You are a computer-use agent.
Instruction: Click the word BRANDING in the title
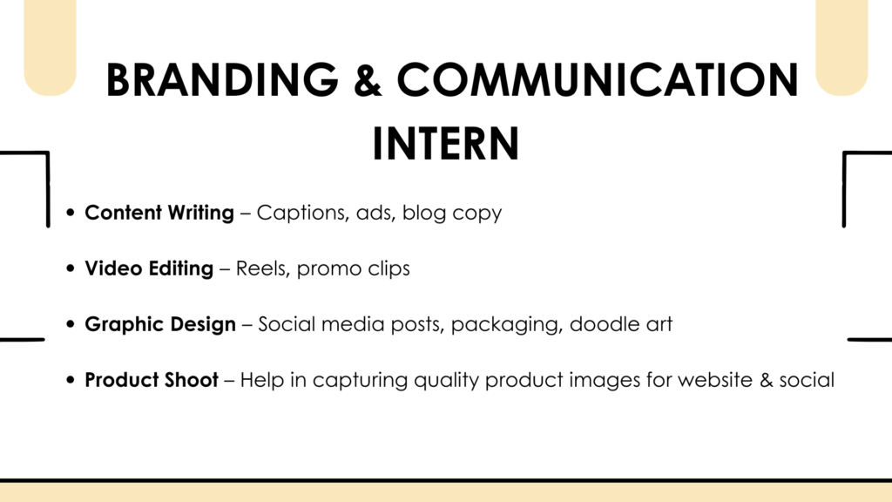point(222,79)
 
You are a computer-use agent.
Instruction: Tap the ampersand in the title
point(368,79)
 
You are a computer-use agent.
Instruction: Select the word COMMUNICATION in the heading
point(598,79)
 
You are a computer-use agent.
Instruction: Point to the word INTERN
point(445,144)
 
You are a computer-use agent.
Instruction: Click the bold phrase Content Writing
point(159,213)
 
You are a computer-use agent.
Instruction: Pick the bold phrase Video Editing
point(149,268)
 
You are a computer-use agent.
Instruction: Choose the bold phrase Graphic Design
point(160,324)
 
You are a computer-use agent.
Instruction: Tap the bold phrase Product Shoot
point(152,380)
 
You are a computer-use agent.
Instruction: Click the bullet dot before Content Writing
point(71,213)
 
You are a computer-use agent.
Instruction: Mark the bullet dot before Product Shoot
point(71,380)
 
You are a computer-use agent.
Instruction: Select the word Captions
point(302,213)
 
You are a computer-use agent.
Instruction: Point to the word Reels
point(263,268)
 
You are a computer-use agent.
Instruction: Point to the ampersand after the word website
point(766,380)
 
